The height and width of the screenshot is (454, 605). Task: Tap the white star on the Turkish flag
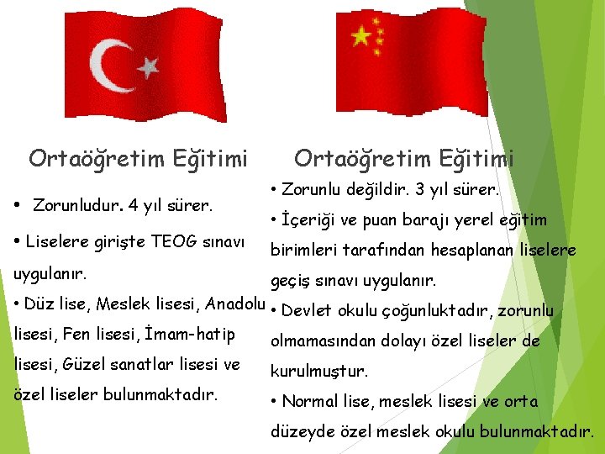point(148,66)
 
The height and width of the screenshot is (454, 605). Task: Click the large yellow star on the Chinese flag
point(360,35)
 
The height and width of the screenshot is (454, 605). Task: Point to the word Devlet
point(309,311)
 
